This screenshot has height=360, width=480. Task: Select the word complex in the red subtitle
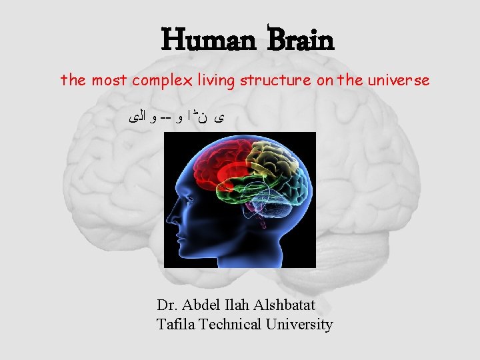coord(162,81)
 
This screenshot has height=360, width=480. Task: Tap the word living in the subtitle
coord(216,81)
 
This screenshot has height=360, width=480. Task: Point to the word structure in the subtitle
coord(273,81)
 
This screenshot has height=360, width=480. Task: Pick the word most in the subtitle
coord(109,81)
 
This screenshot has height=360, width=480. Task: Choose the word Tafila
coord(175,325)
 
